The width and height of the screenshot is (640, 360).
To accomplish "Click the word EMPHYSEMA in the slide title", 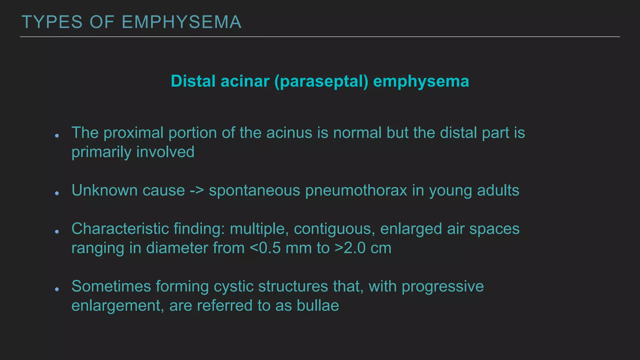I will [182, 22].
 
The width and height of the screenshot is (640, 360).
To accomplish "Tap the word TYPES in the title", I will [52, 22].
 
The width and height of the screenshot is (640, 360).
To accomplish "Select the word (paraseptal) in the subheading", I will [321, 81].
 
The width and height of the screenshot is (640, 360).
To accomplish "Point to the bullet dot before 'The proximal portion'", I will [57, 136].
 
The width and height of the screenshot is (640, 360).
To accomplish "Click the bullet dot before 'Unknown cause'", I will [57, 193].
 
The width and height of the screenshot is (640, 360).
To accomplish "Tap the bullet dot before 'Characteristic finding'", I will [57, 232].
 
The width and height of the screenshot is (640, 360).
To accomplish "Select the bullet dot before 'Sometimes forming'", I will [57, 289].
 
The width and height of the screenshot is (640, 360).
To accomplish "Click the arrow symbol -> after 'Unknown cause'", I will [197, 190].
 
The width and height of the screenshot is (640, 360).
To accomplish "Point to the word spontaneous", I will [254, 191].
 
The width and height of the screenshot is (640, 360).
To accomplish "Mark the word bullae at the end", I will [318, 306].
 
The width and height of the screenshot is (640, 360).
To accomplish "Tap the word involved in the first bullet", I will [165, 152].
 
